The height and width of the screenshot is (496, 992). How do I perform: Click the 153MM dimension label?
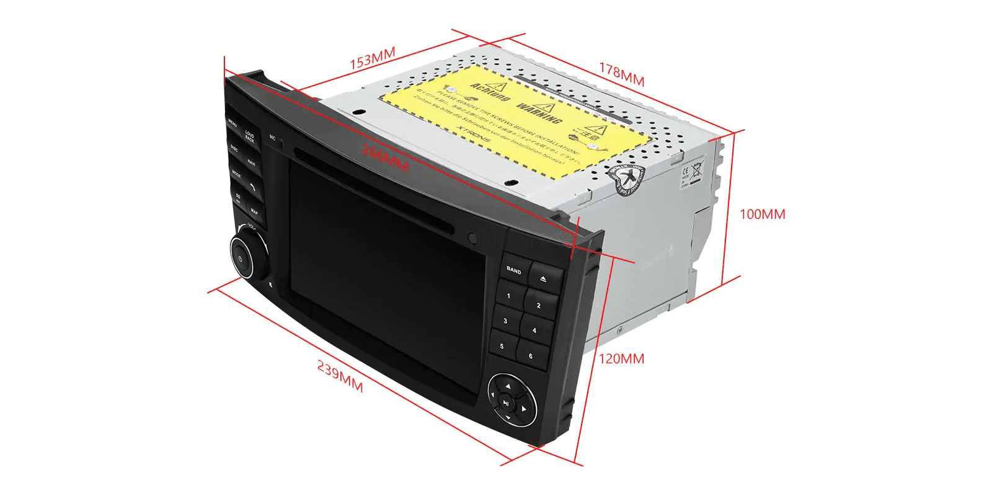click(372, 58)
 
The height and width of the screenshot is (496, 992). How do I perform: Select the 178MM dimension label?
click(621, 75)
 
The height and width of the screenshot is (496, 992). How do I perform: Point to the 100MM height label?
click(762, 215)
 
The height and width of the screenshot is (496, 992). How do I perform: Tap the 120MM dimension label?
click(621, 358)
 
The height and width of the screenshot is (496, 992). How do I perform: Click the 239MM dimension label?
click(340, 376)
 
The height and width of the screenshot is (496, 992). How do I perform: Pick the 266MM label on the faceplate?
click(384, 159)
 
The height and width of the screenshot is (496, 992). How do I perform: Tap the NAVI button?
click(251, 163)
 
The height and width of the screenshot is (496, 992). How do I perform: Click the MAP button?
click(254, 211)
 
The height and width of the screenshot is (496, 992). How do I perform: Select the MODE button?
click(236, 174)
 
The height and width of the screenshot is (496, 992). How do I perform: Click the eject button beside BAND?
click(543, 279)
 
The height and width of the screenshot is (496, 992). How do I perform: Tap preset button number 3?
click(505, 321)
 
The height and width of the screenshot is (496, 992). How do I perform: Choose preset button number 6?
click(531, 356)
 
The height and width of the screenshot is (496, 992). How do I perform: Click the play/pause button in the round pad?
click(507, 403)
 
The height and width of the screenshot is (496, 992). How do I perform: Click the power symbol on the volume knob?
click(241, 257)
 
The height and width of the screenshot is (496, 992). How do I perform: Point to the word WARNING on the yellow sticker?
click(538, 112)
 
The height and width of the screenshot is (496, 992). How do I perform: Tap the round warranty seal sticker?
click(627, 180)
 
